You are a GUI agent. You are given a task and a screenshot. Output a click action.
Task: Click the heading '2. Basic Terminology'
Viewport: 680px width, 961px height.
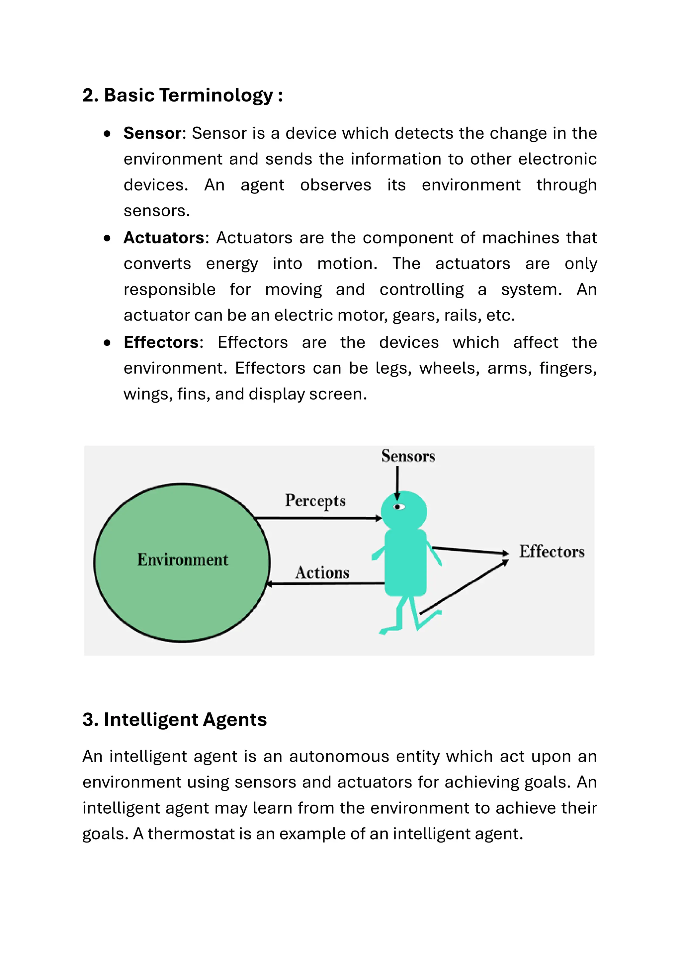click(182, 96)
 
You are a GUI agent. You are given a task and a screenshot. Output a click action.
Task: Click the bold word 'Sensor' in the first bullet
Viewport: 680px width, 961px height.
click(152, 133)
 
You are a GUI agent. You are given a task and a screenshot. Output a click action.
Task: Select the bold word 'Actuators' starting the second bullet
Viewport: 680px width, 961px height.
click(164, 238)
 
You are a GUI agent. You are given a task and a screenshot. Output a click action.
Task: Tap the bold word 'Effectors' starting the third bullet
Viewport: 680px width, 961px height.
click(161, 342)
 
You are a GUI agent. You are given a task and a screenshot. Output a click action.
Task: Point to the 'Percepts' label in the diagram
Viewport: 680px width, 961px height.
click(315, 501)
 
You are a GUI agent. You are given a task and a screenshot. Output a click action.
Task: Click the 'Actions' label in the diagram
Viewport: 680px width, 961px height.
click(322, 572)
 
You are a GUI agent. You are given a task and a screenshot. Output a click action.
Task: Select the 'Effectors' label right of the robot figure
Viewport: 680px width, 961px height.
click(552, 552)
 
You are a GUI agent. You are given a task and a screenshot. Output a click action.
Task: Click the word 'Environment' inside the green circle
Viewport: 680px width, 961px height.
click(183, 559)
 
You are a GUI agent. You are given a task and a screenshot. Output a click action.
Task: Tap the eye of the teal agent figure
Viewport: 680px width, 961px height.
click(399, 507)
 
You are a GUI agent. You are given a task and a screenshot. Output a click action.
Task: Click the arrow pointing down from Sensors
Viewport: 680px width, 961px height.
click(397, 481)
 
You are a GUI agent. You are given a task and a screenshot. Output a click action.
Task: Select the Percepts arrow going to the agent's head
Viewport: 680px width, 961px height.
click(318, 518)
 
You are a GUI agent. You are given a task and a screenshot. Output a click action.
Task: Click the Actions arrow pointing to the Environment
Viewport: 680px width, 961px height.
click(327, 583)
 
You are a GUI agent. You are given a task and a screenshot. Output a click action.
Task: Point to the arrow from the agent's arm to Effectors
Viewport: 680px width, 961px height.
click(470, 551)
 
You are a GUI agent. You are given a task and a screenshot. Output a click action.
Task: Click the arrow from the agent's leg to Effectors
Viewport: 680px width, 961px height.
click(464, 587)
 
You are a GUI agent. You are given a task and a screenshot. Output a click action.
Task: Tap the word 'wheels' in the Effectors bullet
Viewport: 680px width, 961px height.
click(449, 368)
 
